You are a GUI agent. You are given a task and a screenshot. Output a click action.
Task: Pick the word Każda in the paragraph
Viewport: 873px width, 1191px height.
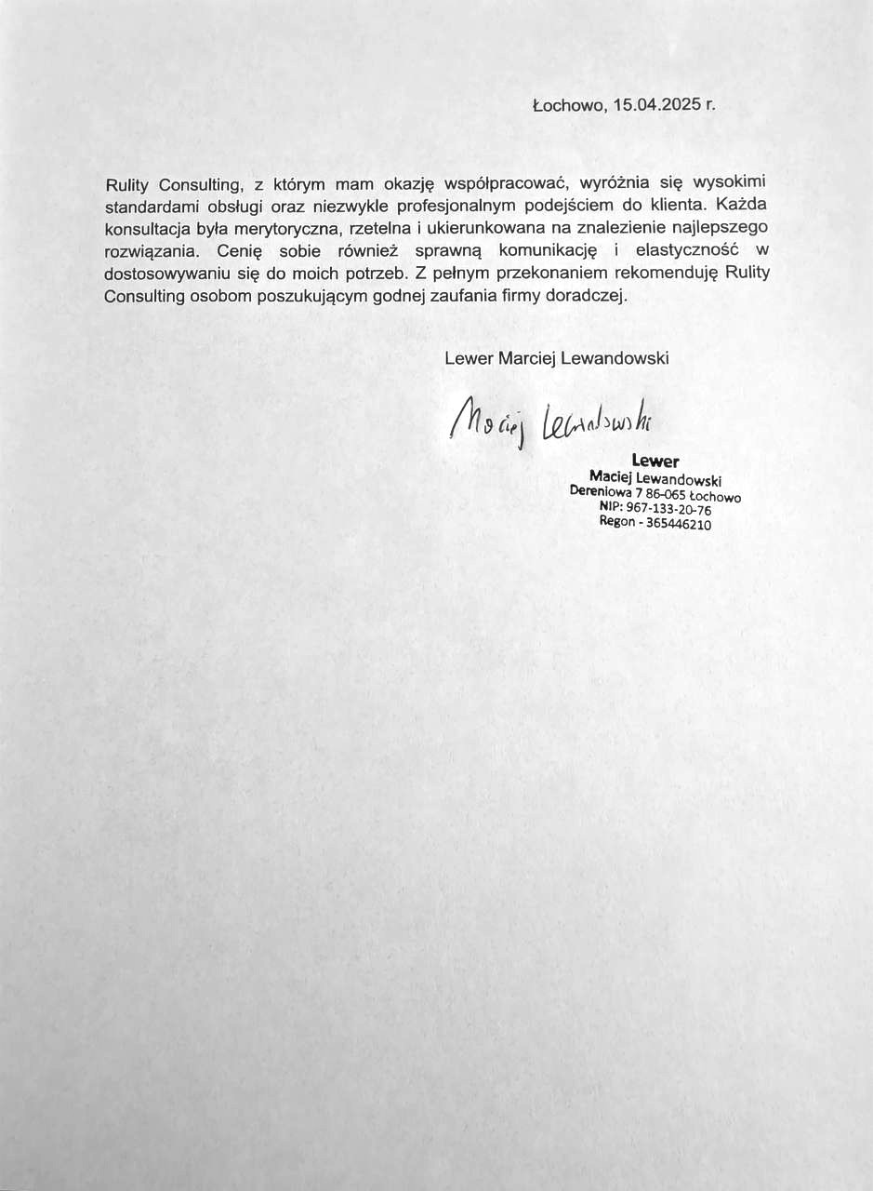click(743, 206)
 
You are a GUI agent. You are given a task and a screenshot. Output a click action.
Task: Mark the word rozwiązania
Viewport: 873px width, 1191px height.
click(151, 251)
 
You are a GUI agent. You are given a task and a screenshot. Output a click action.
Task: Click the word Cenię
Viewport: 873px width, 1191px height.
click(235, 251)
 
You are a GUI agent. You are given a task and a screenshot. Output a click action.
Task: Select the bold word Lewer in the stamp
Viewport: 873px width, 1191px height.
click(655, 461)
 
